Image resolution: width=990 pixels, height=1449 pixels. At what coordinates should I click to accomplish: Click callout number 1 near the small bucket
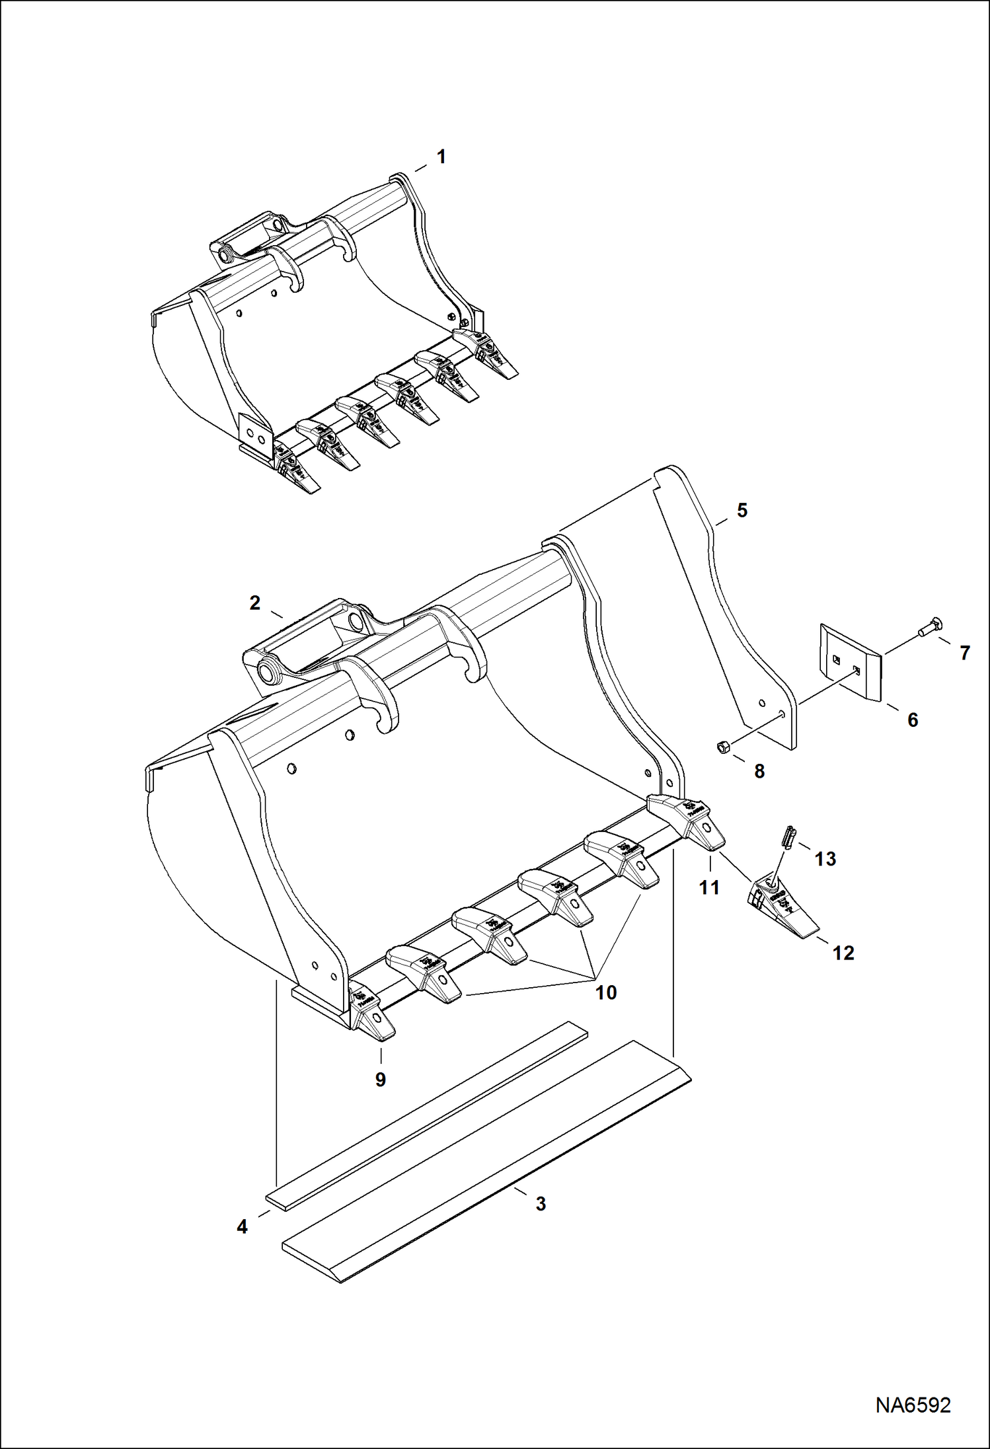441,157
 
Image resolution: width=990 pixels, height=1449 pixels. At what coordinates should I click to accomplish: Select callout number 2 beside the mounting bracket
255,603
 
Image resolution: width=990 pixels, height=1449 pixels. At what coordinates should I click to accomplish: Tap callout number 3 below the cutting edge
541,1204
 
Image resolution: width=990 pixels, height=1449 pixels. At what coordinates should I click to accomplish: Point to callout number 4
242,1226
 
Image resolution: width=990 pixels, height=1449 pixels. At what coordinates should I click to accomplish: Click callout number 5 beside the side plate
742,510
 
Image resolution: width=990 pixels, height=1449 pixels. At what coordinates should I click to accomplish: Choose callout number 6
913,720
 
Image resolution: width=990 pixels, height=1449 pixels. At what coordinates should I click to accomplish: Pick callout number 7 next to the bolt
965,653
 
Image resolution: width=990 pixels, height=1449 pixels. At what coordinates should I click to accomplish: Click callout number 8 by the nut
759,771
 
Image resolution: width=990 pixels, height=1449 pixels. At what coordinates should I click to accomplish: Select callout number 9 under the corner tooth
381,1079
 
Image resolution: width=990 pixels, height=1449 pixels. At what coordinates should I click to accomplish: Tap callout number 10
606,992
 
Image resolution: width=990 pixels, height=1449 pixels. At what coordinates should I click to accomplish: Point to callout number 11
709,887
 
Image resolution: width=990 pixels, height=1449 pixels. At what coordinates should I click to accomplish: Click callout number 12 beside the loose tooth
843,953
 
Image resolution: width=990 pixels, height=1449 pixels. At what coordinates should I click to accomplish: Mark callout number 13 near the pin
825,859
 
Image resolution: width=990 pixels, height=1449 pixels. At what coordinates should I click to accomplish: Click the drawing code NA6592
913,1405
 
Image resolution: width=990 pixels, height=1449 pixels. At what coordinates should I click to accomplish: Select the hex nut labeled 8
722,747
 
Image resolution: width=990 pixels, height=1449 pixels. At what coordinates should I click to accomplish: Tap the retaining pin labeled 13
788,836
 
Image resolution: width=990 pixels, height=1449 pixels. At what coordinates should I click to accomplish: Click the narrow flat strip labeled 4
426,1116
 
